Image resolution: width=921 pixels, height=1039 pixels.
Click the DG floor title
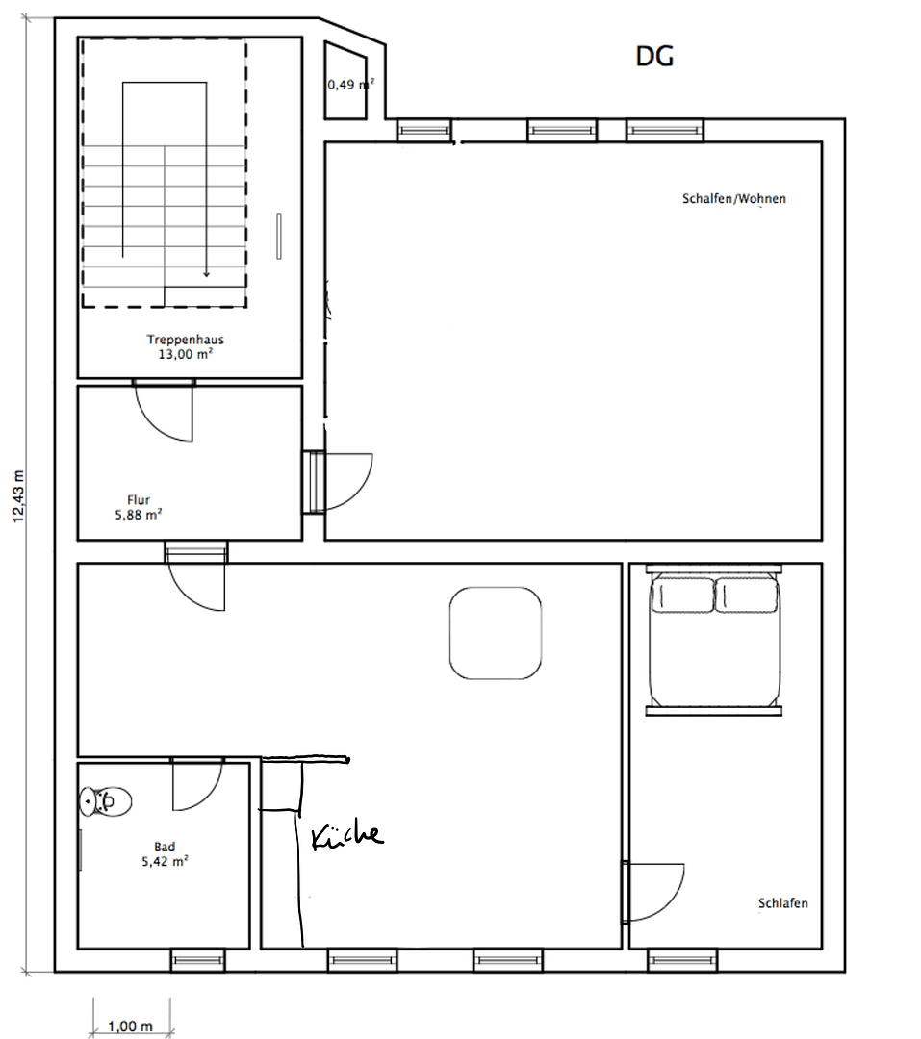[654, 57]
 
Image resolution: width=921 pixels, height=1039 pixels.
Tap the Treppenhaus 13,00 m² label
[186, 346]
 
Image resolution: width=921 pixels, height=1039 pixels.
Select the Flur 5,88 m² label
[138, 507]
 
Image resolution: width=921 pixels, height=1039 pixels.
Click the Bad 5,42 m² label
[164, 854]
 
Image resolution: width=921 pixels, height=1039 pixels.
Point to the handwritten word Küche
[347, 836]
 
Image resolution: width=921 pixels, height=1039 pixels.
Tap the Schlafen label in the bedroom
[782, 903]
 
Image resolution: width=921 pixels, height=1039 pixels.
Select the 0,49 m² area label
[350, 85]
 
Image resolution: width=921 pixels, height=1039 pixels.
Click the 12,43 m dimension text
[18, 496]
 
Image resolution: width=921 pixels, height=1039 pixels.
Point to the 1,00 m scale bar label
[131, 1026]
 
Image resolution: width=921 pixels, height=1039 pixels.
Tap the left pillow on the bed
[682, 595]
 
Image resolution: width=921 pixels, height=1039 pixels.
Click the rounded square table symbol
[495, 633]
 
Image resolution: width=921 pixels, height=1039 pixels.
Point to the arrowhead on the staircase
[205, 273]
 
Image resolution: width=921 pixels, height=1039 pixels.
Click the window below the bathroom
[198, 960]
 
